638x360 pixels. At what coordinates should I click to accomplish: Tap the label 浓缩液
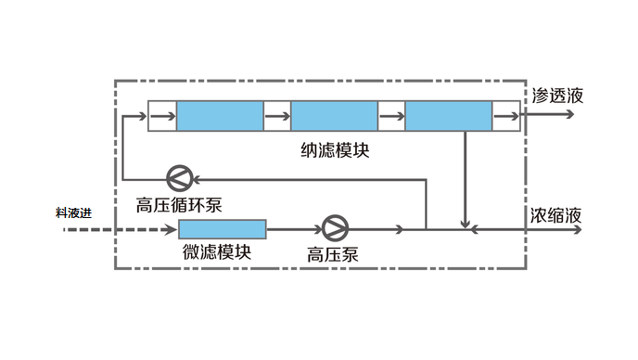pos(555,214)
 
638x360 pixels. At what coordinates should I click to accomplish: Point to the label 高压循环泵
pos(179,202)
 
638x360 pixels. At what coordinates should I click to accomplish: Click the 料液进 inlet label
pos(74,213)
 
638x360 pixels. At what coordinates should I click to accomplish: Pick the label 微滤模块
pos(217,251)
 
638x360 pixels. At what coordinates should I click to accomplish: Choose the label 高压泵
pos(332,252)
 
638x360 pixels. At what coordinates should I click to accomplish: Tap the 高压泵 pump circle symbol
pos(332,228)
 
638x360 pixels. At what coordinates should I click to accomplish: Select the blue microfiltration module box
pos(222,228)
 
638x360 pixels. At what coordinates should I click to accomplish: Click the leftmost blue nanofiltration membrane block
pos(220,116)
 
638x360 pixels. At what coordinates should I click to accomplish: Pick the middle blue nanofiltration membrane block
pos(334,116)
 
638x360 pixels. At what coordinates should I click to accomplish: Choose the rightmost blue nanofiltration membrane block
pos(448,116)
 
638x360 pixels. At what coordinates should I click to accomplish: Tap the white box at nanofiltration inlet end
pos(161,116)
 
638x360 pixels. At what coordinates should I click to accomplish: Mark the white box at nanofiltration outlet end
pos(506,116)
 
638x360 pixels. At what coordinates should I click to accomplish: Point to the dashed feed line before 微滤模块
pos(121,228)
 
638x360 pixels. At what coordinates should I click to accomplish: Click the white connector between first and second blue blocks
pos(277,116)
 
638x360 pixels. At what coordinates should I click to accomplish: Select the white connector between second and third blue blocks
pos(391,116)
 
